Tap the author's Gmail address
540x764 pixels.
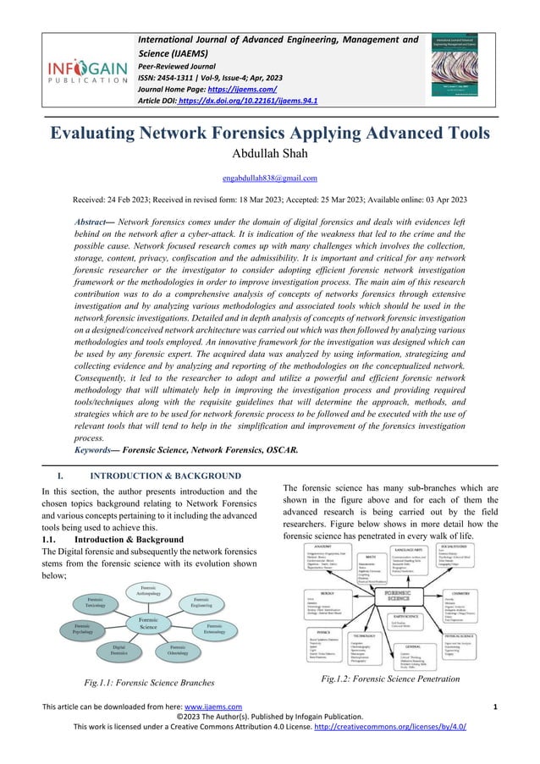pyautogui.click(x=269, y=178)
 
